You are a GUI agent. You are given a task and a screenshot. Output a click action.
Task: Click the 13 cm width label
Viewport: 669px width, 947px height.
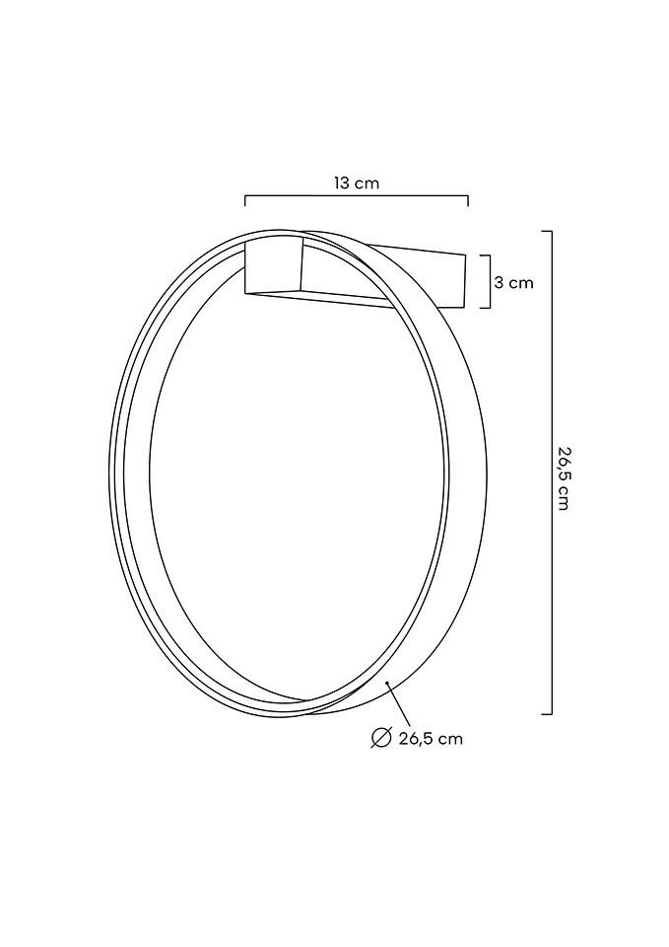pos(356,182)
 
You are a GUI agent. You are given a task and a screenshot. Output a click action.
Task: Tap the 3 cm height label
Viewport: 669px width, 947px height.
pos(513,282)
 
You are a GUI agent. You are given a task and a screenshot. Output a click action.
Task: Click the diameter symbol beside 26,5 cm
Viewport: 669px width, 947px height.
pos(381,738)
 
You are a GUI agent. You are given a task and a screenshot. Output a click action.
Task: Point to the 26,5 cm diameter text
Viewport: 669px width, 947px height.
pos(431,739)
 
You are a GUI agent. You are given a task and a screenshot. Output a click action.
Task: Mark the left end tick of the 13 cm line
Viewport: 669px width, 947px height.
pos(244,201)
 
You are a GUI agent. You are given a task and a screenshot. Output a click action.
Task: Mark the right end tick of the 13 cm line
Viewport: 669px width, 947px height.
pos(468,201)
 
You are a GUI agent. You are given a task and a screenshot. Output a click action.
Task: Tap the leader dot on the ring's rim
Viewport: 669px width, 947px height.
pos(388,682)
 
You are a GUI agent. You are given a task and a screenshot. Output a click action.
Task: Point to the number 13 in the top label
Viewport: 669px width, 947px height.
pos(341,182)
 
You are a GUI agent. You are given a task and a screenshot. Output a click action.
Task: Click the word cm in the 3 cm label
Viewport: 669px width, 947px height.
pos(521,282)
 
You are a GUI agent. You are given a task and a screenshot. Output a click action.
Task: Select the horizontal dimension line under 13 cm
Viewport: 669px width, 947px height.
pos(356,196)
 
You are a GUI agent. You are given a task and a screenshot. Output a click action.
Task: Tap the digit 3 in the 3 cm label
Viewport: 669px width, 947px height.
pos(500,282)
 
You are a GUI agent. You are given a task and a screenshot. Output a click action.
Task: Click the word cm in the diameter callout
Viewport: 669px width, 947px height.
pos(451,739)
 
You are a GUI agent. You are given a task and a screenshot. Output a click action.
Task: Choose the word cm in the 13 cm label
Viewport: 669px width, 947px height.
pos(368,182)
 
